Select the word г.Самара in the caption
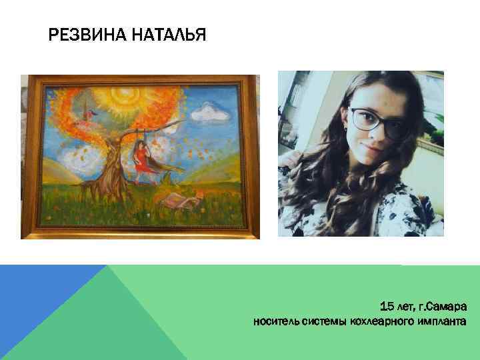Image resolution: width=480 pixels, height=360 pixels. (x=443, y=307)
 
